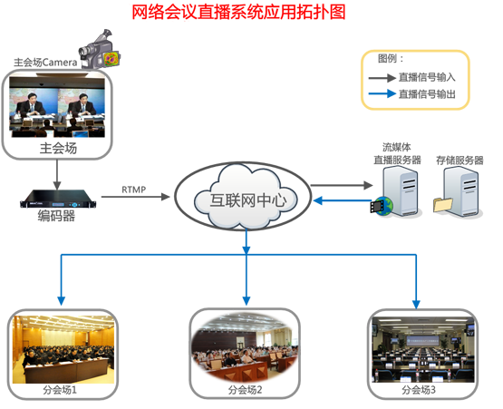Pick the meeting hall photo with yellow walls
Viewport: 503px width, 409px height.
point(63,352)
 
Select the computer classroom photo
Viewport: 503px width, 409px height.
point(424,354)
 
